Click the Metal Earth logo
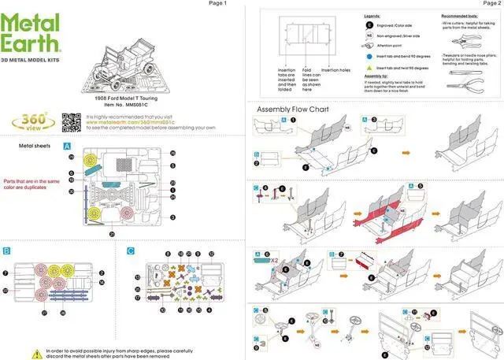click(x=31, y=31)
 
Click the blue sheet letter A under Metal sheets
click(x=68, y=147)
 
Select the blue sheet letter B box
click(x=7, y=251)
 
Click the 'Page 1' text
click(x=217, y=4)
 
